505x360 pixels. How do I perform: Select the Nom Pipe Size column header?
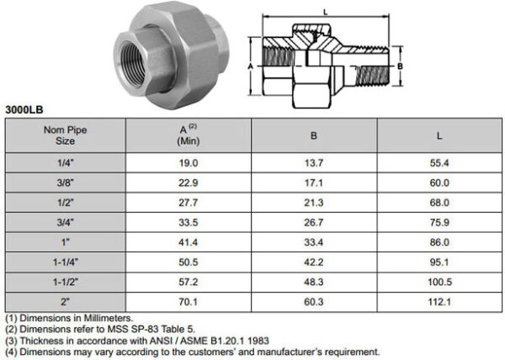pos(65,135)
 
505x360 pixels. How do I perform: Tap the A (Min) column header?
pos(189,135)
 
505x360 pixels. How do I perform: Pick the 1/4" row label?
pos(65,163)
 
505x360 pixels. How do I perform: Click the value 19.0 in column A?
pos(189,163)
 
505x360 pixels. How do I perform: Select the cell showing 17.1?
pos(313,183)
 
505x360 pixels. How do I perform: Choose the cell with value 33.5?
pos(189,221)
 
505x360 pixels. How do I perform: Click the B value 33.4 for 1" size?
pos(313,241)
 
